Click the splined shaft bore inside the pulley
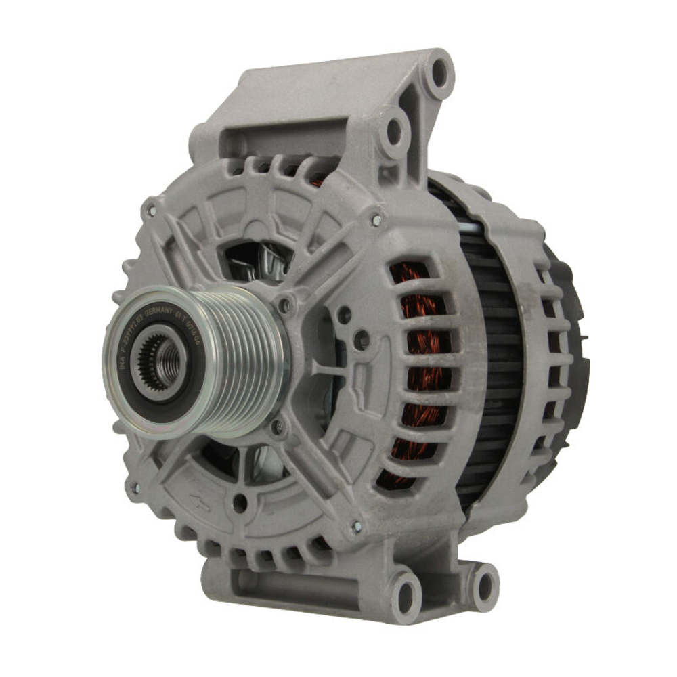pos(161,362)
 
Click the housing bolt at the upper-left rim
pos(151,211)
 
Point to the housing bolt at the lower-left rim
pos(135,487)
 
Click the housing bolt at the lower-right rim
pos(357,527)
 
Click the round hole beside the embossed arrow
pos(239,502)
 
